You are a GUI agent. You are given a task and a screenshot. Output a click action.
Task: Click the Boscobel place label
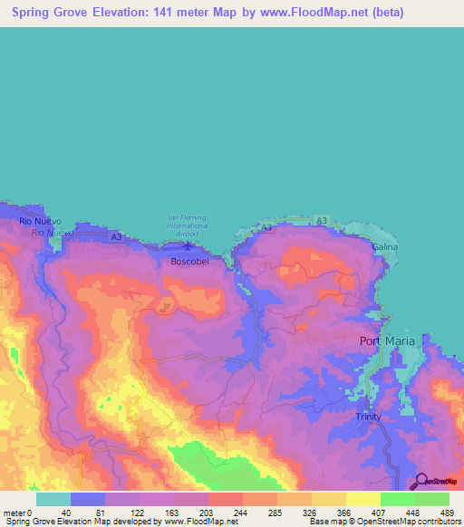point(189,262)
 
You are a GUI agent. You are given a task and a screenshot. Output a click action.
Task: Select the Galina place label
point(384,246)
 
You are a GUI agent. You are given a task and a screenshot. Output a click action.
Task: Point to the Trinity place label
point(368,417)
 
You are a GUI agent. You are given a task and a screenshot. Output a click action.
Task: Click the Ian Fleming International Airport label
point(188,222)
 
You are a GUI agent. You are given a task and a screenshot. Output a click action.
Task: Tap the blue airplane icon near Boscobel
point(188,243)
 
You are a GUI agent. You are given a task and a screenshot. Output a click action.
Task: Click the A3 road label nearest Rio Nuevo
point(115,236)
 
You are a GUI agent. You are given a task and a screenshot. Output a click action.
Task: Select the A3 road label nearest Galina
point(322,220)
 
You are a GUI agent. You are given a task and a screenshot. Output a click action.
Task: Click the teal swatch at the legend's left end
point(53,499)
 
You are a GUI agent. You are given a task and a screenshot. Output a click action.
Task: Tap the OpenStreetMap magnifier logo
point(420,482)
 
